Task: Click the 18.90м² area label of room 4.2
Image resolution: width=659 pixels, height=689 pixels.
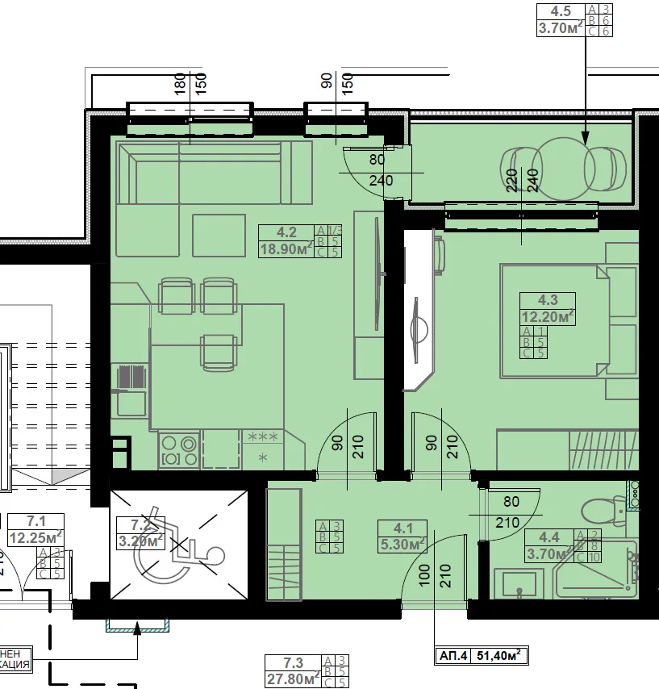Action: [x=285, y=249]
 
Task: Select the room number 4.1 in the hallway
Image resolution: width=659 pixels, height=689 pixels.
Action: [x=402, y=529]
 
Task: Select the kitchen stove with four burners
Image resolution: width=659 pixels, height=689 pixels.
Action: [x=179, y=450]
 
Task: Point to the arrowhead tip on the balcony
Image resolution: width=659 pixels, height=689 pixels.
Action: [x=586, y=144]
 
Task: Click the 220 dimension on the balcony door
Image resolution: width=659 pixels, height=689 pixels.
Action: [x=511, y=179]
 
